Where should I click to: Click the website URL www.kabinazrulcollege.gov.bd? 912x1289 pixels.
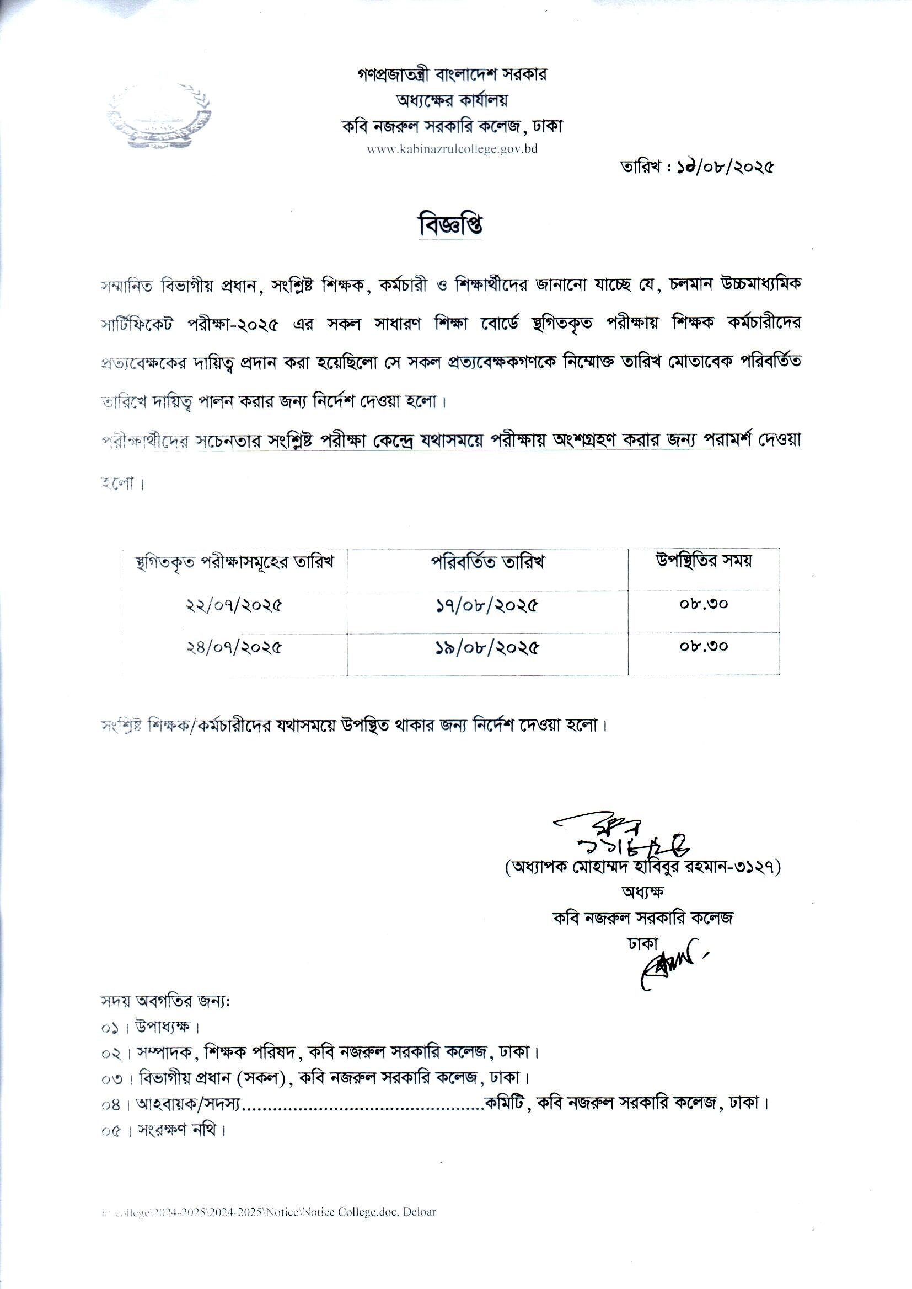453,149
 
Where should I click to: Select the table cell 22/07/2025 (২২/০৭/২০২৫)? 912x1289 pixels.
234,606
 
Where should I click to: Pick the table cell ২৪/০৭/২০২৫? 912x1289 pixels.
234,648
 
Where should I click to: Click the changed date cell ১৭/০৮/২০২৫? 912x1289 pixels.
487,606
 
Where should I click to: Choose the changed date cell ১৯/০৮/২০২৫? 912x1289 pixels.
487,648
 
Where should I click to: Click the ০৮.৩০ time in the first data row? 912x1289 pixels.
703,605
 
